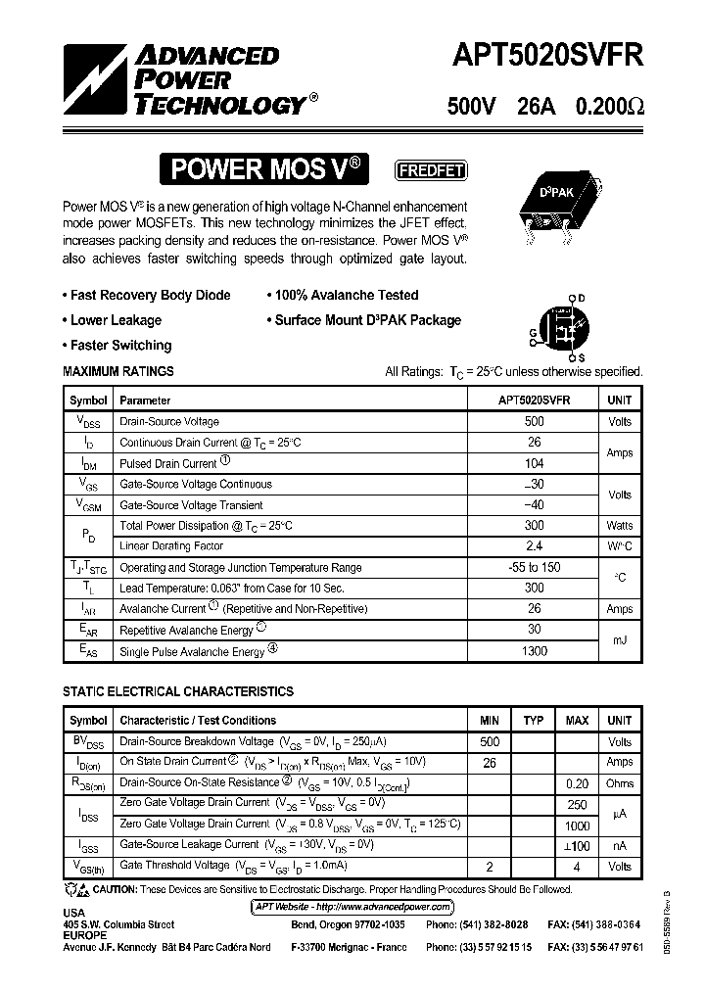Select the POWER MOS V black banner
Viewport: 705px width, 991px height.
[268, 170]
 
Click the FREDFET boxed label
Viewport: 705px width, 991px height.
[430, 170]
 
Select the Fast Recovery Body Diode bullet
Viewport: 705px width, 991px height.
[150, 295]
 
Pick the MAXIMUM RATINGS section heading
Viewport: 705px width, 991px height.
[118, 372]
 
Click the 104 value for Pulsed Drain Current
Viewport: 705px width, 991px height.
[534, 463]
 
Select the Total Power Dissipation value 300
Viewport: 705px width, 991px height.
[534, 526]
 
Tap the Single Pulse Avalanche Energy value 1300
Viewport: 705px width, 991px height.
[534, 651]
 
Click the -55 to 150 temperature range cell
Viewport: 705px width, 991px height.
[534, 568]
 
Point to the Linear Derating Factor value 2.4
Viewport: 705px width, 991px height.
[534, 546]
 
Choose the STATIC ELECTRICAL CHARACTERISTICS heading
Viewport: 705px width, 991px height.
[177, 691]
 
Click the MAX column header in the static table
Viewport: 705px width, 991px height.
[577, 721]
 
